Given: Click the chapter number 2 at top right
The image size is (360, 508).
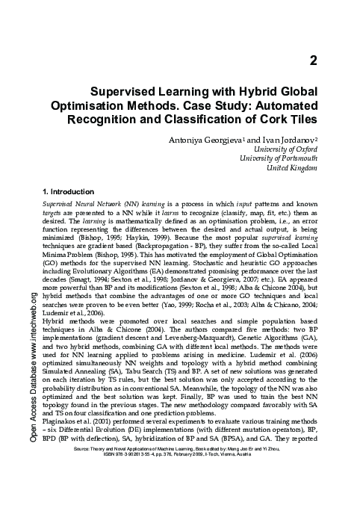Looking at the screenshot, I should pos(314,61).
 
